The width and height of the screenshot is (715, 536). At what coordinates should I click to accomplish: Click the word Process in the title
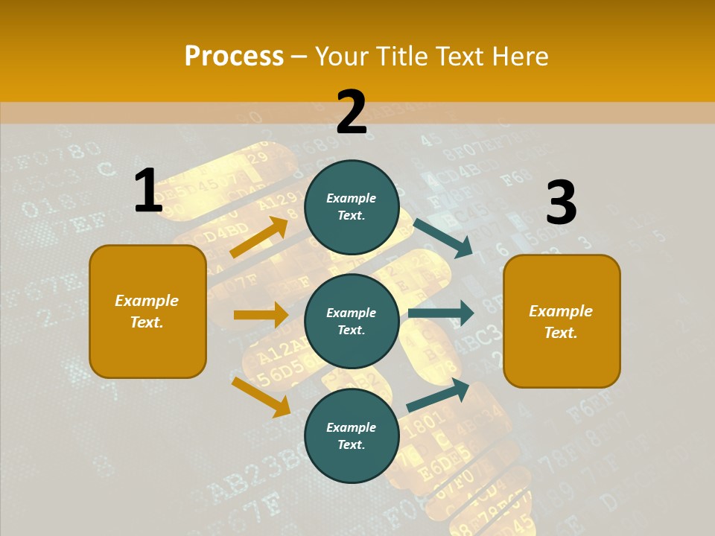234,56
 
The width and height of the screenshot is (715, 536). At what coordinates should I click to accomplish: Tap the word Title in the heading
403,56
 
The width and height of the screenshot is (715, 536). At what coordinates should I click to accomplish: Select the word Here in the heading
520,56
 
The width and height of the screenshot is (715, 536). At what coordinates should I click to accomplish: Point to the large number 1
148,191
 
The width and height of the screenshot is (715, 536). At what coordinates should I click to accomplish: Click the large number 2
352,112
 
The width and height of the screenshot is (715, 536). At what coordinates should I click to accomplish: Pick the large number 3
561,202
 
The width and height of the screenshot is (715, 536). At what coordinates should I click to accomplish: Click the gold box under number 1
147,311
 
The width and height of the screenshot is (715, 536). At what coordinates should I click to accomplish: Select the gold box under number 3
562,321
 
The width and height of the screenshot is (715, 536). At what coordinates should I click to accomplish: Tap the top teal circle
352,206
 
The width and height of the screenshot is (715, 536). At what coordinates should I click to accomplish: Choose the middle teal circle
352,321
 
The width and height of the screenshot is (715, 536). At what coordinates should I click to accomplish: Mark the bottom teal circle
352,435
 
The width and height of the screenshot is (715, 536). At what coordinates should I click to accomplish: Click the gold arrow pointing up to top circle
259,237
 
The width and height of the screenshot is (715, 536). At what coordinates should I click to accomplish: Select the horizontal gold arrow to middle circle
261,315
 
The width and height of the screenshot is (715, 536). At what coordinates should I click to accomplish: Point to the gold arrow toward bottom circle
261,396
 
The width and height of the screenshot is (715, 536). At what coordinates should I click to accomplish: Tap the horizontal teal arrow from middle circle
441,313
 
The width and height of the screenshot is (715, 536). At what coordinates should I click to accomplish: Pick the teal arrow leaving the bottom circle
438,395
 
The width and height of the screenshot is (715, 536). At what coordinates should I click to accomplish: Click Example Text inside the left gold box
147,311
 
